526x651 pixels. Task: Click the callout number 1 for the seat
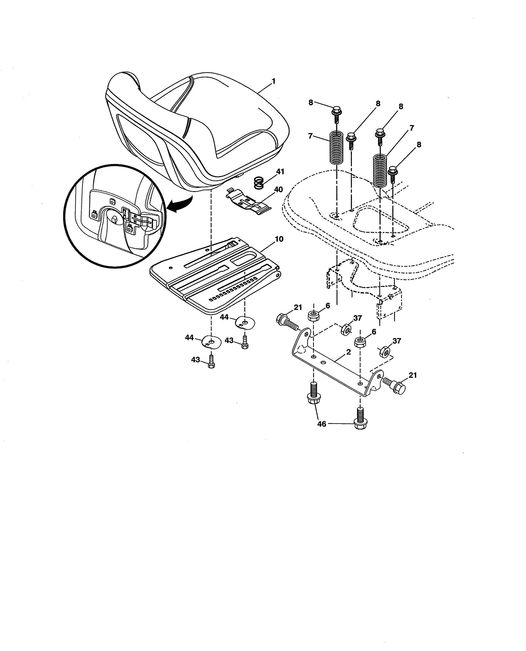[x=274, y=81]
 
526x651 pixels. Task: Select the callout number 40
[x=278, y=190]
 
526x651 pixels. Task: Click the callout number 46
[x=321, y=424]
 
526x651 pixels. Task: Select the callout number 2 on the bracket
[x=348, y=352]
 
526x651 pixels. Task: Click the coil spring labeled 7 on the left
[x=336, y=146]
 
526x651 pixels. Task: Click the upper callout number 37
[x=358, y=318]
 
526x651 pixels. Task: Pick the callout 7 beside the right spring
[x=411, y=128]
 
